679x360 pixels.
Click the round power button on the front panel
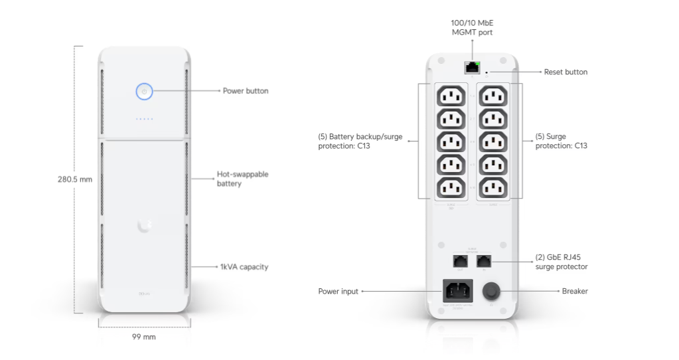pyautogui.click(x=145, y=91)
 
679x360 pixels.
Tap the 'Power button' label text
pyautogui.click(x=246, y=91)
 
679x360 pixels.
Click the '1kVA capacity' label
pyautogui.click(x=244, y=267)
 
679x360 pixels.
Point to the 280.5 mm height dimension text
pyautogui.click(x=74, y=179)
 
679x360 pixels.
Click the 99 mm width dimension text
pyautogui.click(x=144, y=337)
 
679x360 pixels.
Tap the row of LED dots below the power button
pyautogui.click(x=145, y=120)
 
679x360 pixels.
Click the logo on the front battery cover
pyautogui.click(x=144, y=226)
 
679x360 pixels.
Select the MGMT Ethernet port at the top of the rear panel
pyautogui.click(x=472, y=66)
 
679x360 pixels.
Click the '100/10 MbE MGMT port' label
pyautogui.click(x=472, y=27)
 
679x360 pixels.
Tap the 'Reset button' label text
pyautogui.click(x=566, y=72)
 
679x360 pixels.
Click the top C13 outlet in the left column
pyautogui.click(x=450, y=97)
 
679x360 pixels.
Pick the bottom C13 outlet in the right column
pyautogui.click(x=494, y=188)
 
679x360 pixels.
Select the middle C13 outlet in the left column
pyautogui.click(x=450, y=142)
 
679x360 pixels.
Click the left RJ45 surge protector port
pyautogui.click(x=459, y=261)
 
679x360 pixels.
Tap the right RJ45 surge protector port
pyautogui.click(x=484, y=261)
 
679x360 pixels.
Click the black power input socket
pyautogui.click(x=457, y=291)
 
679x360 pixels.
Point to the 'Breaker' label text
pyautogui.click(x=575, y=291)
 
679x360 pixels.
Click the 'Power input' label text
pyautogui.click(x=339, y=291)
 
